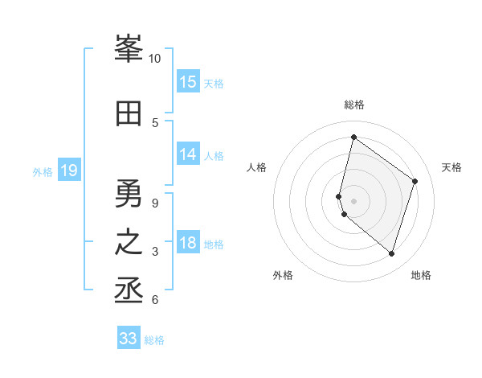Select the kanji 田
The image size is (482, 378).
coord(129,113)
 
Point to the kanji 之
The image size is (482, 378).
coord(129,243)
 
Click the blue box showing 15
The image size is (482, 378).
coord(188,82)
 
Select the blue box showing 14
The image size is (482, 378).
coord(188,155)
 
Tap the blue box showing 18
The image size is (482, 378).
coord(188,244)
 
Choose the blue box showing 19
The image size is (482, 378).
coord(68,171)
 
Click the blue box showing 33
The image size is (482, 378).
coord(129,339)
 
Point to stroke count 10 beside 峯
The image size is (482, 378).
coord(155,59)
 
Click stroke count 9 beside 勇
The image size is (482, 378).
coord(155,203)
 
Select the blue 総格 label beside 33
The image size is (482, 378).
coord(155,340)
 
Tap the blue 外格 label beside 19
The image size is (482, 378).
coord(43,172)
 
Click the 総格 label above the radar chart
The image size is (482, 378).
coord(354,105)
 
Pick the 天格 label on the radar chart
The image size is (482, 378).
coord(451,167)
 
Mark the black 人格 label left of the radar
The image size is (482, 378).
coord(256,167)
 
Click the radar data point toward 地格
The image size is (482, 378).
coord(391,253)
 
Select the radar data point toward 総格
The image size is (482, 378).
coord(353,138)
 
